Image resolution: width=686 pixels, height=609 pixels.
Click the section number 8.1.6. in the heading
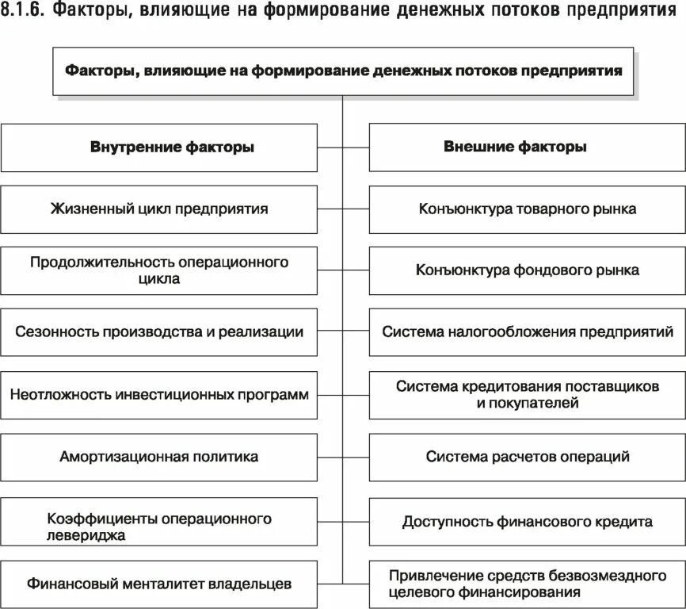coord(26,13)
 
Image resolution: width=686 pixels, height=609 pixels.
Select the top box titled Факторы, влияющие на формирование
coord(342,71)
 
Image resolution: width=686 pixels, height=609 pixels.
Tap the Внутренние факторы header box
coord(158,147)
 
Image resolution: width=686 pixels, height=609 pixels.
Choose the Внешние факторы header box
coord(527,147)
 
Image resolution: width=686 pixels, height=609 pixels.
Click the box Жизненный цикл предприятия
coord(158,209)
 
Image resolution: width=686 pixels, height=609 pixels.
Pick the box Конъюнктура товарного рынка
coord(527,209)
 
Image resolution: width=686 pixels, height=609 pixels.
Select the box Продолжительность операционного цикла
coord(158,270)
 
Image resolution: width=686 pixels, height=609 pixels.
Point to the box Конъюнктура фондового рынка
coord(527,270)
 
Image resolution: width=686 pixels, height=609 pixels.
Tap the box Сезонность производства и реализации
coord(158,332)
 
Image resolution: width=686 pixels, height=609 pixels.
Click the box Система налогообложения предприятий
coord(527,332)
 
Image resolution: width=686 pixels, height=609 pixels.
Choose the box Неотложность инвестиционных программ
coord(158,394)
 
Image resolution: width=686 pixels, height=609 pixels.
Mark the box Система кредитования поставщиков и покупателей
coord(527,394)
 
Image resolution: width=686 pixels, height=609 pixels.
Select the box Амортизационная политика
coord(158,457)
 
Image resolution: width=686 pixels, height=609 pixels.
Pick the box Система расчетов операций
coord(527,457)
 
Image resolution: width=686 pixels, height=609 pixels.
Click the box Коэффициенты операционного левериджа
coord(158,521)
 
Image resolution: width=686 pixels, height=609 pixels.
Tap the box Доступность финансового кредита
coord(527,521)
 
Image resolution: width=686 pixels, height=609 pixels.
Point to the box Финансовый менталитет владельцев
coord(158,584)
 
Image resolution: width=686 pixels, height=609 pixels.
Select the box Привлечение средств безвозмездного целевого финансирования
coord(527,584)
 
